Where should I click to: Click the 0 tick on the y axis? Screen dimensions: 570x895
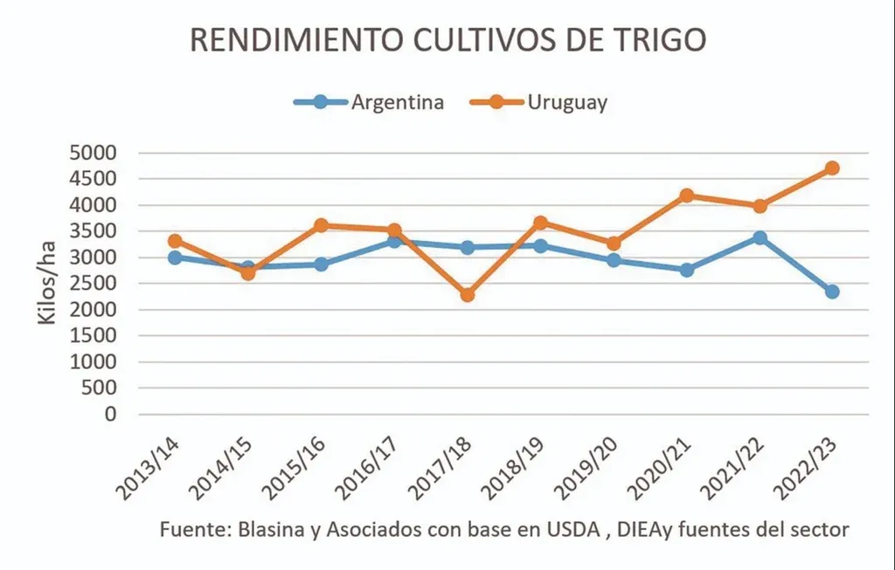109,415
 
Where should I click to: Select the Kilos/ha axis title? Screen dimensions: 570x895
49,284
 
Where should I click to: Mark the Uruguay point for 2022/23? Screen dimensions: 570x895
832,168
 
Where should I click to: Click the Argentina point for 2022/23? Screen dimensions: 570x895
832,292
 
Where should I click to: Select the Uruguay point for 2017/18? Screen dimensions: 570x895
468,295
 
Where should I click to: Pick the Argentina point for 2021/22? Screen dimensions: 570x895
760,237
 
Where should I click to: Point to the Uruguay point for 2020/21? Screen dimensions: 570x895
687,196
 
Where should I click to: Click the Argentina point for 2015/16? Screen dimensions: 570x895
321,264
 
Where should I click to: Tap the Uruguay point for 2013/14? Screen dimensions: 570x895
175,241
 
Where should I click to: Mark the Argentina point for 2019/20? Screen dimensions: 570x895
614,260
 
